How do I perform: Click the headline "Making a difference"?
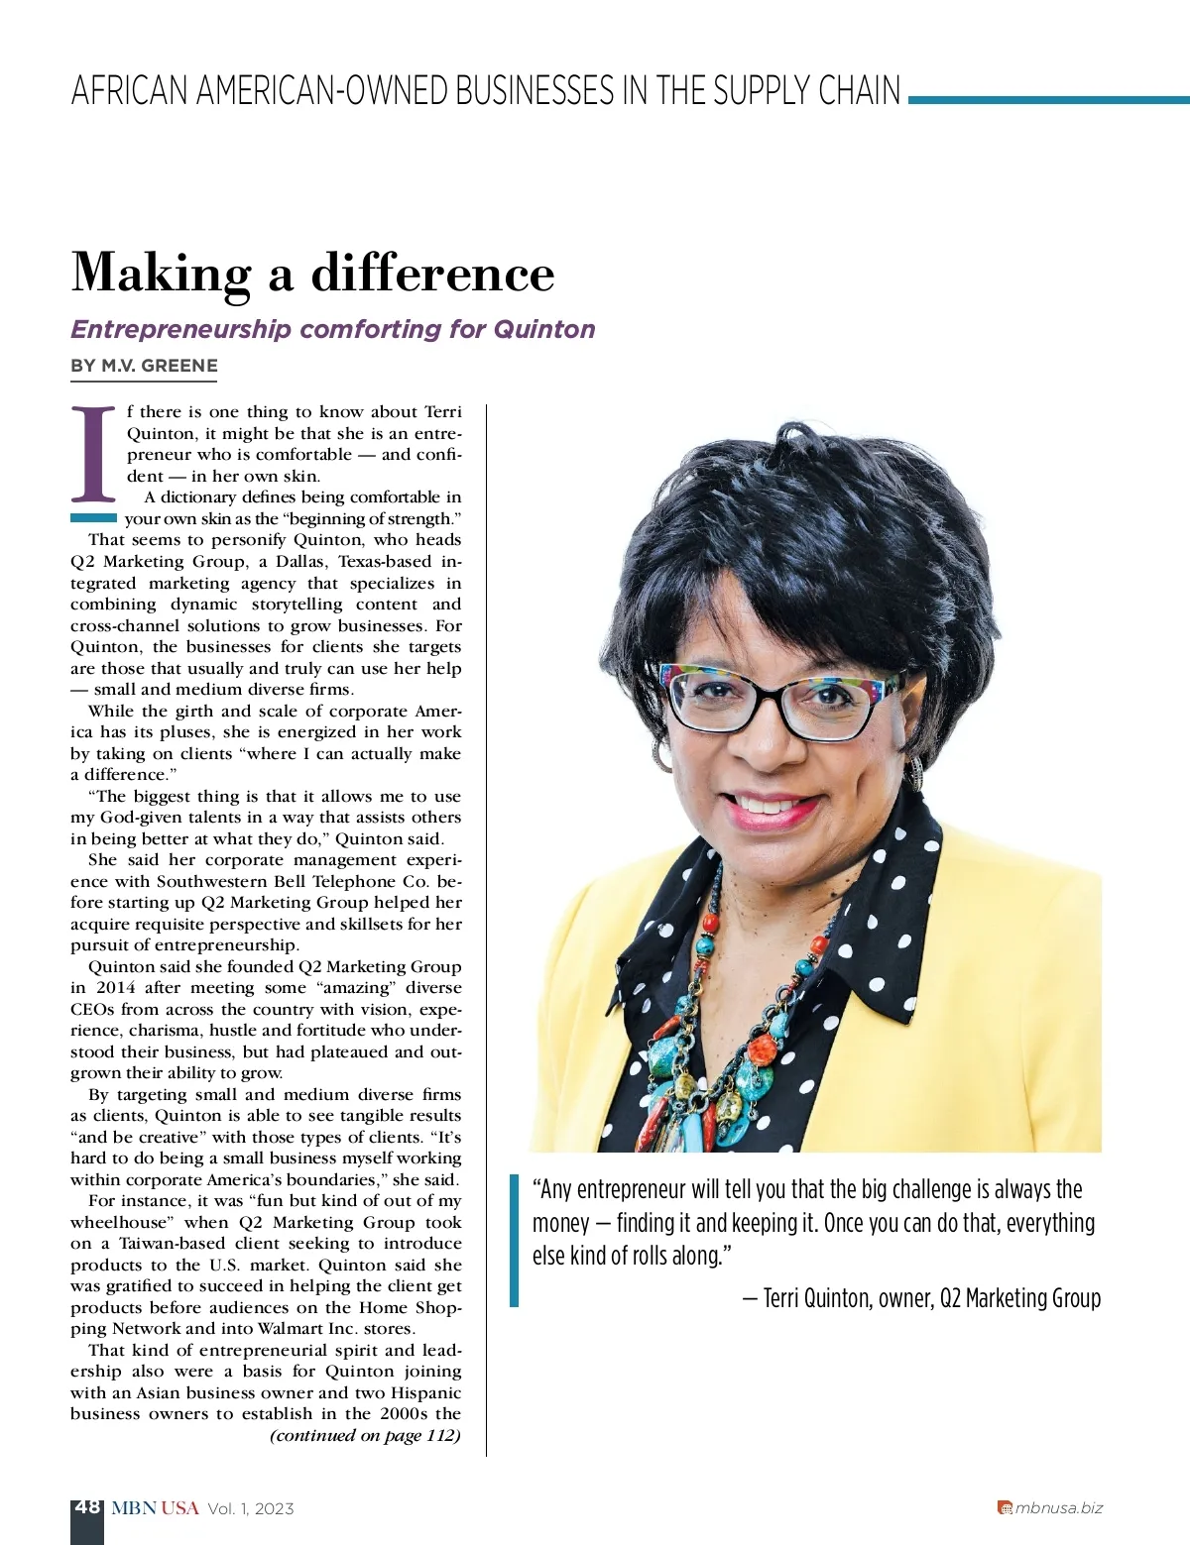point(312,274)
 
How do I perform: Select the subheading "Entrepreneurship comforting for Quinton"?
point(333,329)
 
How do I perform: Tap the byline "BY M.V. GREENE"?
point(144,366)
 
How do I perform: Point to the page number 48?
point(87,1507)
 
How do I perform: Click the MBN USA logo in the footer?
point(155,1508)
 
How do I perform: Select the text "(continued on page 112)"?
point(365,1436)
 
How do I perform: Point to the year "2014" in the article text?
point(116,988)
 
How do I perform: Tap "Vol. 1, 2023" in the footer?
point(251,1508)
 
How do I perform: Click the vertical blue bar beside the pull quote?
point(514,1240)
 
